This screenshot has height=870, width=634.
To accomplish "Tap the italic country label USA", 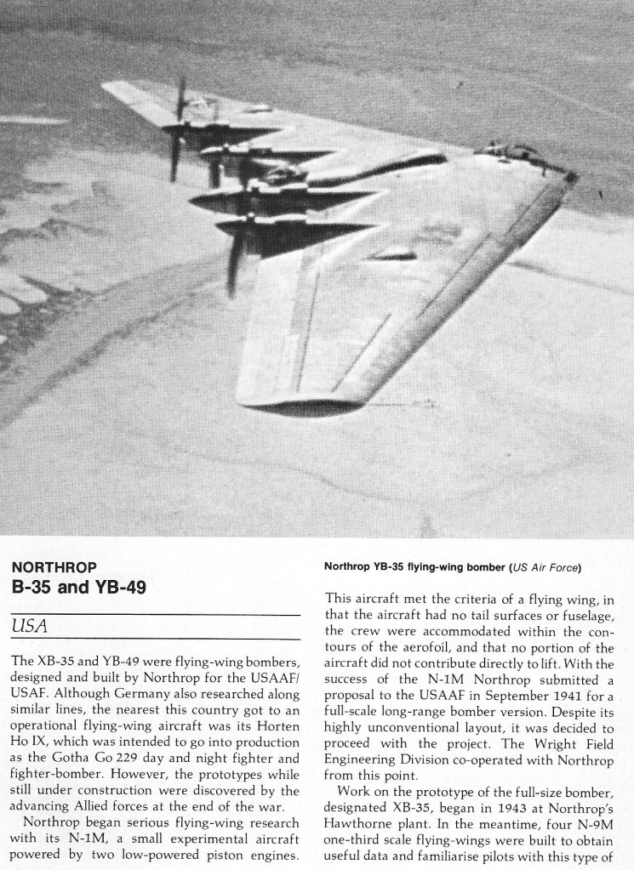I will (29, 626).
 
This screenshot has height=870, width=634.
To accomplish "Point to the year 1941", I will (552, 700).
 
